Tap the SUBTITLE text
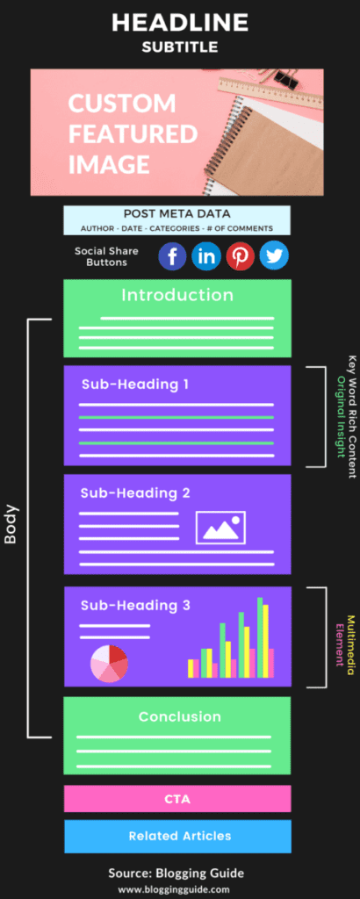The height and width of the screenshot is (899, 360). coord(179,47)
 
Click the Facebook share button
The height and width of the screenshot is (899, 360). coord(172,255)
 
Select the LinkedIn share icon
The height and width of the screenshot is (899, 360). coord(206,255)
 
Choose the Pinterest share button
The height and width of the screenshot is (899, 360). coord(240,255)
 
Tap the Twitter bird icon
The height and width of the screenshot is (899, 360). coord(274,255)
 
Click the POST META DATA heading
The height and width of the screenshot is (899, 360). coord(176,213)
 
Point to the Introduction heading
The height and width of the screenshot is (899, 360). coord(177,295)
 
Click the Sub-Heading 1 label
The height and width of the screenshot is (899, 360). coord(134,384)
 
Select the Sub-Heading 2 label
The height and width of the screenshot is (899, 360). coord(135,493)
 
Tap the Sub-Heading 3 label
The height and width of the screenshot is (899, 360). coord(135,605)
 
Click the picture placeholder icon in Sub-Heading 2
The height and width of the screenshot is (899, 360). coord(220,527)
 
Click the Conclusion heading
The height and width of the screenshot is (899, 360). coord(179,716)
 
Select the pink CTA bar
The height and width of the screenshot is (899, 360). coord(177,799)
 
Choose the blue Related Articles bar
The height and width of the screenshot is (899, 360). coord(177,836)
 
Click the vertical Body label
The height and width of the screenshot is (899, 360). coord(11,523)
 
